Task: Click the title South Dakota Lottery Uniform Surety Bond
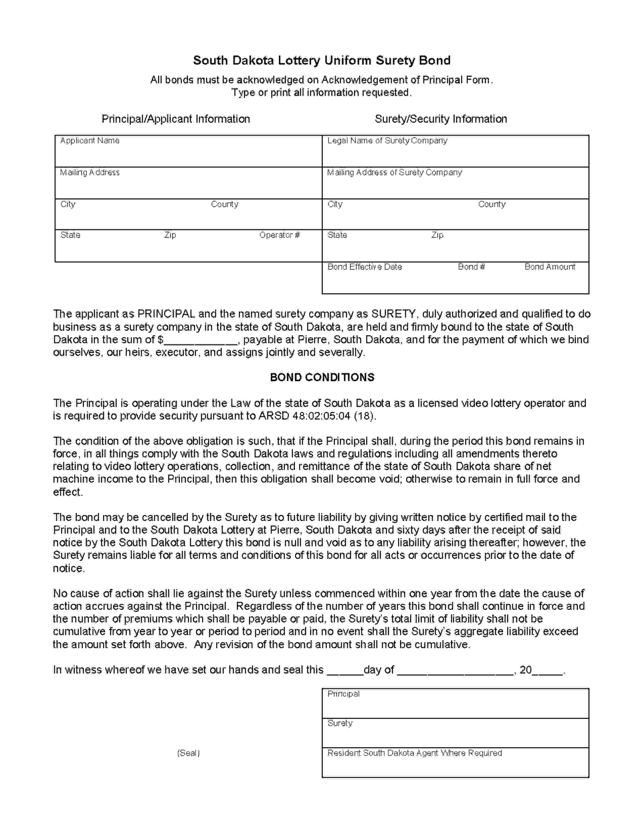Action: (x=321, y=60)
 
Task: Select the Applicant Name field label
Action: (x=90, y=141)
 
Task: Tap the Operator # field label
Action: (x=280, y=235)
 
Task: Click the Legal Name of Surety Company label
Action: (x=387, y=141)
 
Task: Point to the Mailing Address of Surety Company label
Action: (x=394, y=172)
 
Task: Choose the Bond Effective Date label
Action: (x=365, y=267)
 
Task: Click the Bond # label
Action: (x=471, y=267)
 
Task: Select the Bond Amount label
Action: (x=550, y=267)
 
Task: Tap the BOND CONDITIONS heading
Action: (x=322, y=377)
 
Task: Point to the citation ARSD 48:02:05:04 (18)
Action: (x=317, y=416)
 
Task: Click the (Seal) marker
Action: (x=188, y=753)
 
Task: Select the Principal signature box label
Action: (x=343, y=694)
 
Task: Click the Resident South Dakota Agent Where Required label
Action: (x=415, y=753)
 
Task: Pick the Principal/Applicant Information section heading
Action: (x=176, y=119)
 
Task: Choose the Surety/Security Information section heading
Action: (x=441, y=119)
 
